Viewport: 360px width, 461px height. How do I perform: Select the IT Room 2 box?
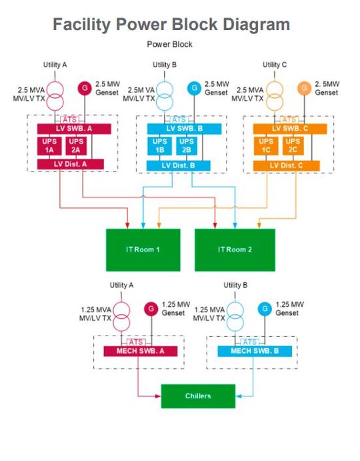point(234,250)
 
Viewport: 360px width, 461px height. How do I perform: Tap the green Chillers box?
point(198,396)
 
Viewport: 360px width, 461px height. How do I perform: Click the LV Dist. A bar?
point(71,165)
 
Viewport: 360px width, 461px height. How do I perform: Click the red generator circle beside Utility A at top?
point(85,87)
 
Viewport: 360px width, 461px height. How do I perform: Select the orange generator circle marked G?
point(303,87)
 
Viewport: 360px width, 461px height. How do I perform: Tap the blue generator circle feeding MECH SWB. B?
point(265,309)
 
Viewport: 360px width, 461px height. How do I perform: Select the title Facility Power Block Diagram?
point(171,25)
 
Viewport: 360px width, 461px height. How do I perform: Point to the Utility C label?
point(275,65)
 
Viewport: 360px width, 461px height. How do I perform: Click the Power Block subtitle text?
point(170,45)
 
